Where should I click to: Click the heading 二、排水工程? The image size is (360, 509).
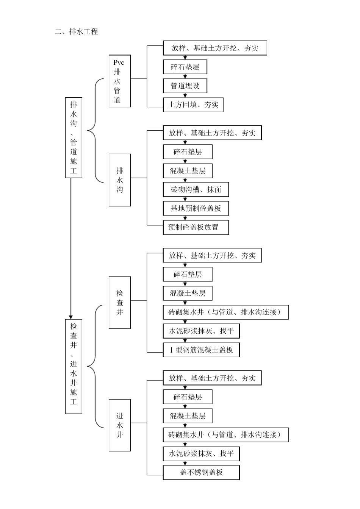click(x=76, y=32)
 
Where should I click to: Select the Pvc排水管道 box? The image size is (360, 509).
click(x=119, y=81)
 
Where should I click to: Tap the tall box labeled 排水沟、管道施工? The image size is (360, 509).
click(x=74, y=137)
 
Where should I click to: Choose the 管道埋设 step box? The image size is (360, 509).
click(x=185, y=86)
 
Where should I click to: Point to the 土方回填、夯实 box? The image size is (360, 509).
click(x=193, y=105)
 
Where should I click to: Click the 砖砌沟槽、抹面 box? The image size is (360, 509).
click(x=196, y=190)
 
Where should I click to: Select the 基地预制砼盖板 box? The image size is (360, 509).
click(x=196, y=209)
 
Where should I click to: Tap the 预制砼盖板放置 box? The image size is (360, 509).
click(x=196, y=228)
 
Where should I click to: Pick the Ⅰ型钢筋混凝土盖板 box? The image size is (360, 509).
click(x=201, y=350)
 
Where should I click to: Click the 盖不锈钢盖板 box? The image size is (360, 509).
click(x=201, y=473)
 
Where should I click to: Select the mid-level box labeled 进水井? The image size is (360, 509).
click(x=120, y=425)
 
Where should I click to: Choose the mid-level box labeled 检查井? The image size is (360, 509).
click(x=120, y=303)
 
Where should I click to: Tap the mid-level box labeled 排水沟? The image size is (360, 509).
click(x=120, y=180)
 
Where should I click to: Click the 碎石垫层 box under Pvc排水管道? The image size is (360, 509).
click(x=185, y=67)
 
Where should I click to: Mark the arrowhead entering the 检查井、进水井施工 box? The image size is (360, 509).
click(x=71, y=316)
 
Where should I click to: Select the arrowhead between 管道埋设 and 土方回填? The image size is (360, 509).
click(x=185, y=95)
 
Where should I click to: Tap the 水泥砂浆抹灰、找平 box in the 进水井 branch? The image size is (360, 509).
click(x=201, y=454)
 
